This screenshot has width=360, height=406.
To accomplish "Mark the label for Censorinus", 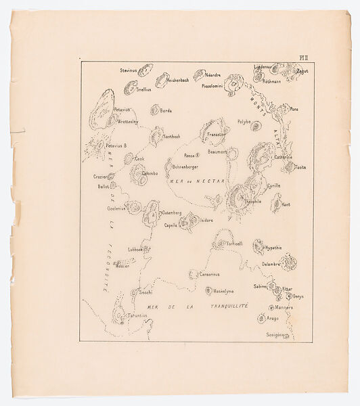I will click(x=211, y=275).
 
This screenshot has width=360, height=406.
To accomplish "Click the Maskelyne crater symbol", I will click(x=208, y=290).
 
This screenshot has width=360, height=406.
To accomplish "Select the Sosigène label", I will click(x=275, y=334).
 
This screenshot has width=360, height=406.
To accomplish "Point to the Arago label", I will click(x=272, y=318).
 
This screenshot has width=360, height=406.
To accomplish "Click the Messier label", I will click(x=122, y=266).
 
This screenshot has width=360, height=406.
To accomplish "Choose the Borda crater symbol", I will click(x=154, y=110).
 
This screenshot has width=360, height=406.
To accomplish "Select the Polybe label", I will click(x=244, y=123).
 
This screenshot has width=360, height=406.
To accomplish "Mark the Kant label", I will click(x=286, y=204).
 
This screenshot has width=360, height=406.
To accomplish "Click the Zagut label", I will click(x=302, y=70).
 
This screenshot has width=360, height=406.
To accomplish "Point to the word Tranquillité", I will click(x=225, y=306).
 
